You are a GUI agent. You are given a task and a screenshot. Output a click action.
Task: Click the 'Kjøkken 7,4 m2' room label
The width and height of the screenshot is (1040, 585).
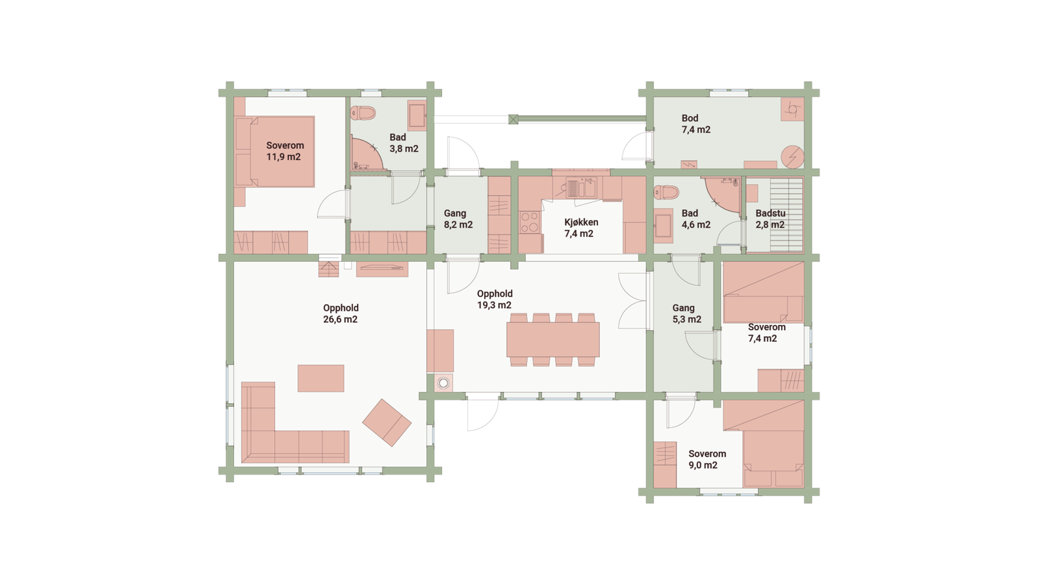(x=580, y=228)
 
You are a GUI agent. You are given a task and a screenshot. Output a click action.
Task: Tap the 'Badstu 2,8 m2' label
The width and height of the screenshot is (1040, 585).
(x=770, y=219)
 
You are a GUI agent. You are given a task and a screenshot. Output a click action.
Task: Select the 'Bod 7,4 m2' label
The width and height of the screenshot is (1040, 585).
(x=695, y=123)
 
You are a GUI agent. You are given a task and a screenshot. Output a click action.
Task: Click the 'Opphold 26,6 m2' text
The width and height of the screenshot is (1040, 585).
(x=341, y=313)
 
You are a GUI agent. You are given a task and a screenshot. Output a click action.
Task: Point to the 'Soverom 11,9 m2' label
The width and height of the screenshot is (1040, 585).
(x=285, y=151)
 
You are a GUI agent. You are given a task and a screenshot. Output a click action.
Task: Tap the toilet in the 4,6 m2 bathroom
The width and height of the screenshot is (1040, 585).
(x=666, y=192)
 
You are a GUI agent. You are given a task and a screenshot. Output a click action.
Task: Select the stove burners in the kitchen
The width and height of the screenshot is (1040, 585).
(x=530, y=223)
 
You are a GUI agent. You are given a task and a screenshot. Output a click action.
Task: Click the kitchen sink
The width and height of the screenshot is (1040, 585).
(x=580, y=188)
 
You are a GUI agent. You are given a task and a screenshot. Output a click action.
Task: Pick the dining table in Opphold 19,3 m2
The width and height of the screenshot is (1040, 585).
(x=553, y=340)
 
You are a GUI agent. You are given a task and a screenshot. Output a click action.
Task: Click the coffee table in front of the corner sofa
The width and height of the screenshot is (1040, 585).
(x=321, y=378)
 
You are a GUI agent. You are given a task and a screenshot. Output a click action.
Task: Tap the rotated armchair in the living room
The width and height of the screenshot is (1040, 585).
(x=387, y=422)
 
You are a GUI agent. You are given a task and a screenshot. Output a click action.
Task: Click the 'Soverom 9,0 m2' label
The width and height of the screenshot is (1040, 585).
(x=707, y=460)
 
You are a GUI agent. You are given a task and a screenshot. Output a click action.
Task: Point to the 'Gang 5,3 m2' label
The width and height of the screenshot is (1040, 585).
(x=686, y=313)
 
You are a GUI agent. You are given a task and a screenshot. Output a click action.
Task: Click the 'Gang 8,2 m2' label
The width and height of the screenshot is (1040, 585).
(x=458, y=219)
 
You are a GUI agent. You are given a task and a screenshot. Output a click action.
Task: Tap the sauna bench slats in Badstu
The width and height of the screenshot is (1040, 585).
(x=787, y=214)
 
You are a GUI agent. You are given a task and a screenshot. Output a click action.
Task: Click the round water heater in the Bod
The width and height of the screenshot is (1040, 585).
(x=792, y=156)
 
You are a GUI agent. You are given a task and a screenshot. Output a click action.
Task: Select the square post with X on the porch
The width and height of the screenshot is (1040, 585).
(x=513, y=119)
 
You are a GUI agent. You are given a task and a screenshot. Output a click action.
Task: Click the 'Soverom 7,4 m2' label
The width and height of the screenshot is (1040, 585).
(x=766, y=333)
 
